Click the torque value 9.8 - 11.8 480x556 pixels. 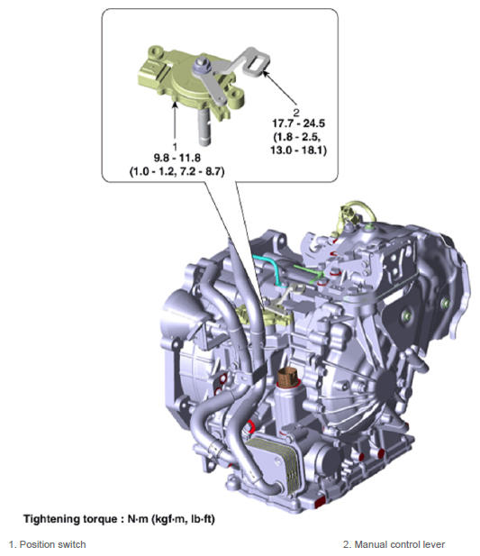177,158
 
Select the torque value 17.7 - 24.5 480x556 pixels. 298,123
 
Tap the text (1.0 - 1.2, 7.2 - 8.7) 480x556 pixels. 177,172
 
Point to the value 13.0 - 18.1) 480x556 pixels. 298,150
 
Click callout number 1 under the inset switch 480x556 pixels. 175,147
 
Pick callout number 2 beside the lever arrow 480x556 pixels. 296,113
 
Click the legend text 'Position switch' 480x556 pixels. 52,544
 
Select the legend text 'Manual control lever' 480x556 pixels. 400,544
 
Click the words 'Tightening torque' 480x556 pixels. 70,519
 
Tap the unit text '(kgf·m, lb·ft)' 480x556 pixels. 183,519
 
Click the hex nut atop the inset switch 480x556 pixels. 201,64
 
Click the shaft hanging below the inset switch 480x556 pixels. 204,127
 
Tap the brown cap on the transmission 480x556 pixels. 287,378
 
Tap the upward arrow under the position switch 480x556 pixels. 175,122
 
